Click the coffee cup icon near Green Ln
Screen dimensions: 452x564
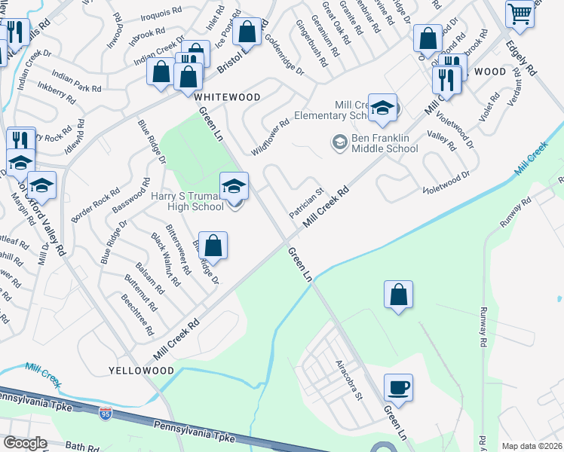pos(398,388)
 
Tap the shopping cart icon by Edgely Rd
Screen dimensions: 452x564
pos(520,14)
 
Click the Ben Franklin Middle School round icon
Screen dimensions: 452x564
pos(339,142)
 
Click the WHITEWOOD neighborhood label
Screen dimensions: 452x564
pos(227,97)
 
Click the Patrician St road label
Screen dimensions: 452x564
pos(306,203)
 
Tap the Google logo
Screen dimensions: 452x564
pos(25,443)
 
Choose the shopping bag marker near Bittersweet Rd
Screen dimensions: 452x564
pos(213,246)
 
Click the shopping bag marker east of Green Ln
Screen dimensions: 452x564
pos(398,295)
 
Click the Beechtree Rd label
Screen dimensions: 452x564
pos(139,317)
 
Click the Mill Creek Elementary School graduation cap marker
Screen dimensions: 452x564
pos(382,109)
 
